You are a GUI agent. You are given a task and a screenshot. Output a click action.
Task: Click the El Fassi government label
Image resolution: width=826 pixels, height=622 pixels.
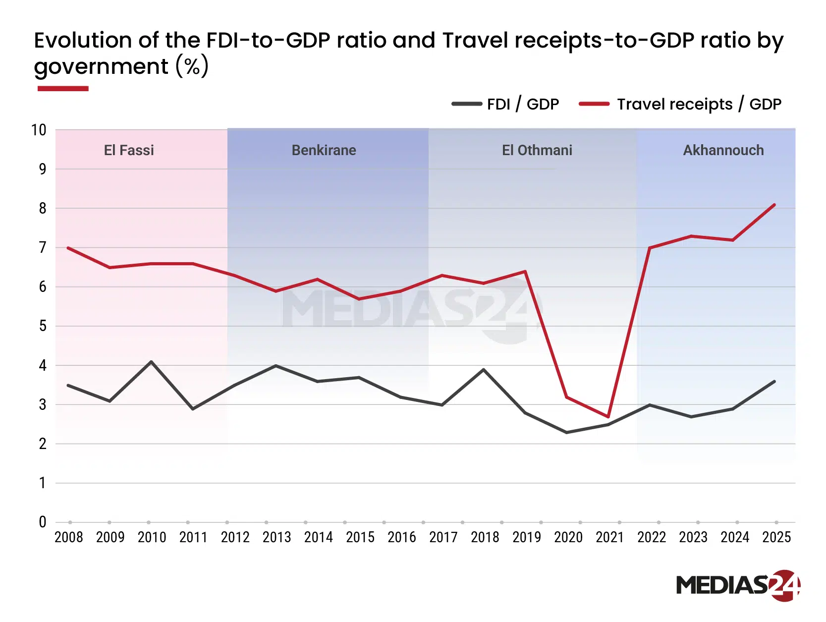[x=129, y=150]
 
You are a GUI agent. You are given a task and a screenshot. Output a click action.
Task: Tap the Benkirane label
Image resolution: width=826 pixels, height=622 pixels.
[x=324, y=150]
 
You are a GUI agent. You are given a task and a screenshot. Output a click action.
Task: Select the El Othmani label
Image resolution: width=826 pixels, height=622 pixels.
[x=537, y=150]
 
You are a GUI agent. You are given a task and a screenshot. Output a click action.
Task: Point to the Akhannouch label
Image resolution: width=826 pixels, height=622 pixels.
[x=723, y=150]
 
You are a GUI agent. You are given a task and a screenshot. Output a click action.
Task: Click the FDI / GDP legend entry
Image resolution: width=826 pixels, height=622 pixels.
[x=505, y=104]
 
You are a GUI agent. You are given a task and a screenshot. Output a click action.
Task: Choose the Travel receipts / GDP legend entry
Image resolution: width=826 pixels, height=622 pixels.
[x=680, y=104]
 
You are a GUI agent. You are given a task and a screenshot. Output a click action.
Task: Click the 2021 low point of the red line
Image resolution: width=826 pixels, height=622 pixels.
[x=608, y=416]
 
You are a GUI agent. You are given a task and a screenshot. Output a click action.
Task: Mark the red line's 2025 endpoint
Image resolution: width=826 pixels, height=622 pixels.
[x=774, y=205]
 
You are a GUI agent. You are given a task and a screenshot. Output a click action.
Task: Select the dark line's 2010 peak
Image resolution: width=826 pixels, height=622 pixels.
[x=151, y=362]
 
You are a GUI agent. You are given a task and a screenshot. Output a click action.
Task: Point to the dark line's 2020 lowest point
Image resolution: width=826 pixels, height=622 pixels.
[x=566, y=432]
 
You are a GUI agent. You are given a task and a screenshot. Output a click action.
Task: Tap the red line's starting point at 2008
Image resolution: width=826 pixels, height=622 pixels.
[x=68, y=248]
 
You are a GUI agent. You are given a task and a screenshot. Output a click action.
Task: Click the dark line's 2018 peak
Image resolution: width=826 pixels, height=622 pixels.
[x=484, y=370]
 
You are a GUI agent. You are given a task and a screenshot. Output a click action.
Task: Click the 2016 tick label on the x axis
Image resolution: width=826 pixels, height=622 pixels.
[x=401, y=537]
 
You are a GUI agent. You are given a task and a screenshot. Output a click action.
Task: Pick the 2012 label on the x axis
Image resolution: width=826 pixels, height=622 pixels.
[x=235, y=537]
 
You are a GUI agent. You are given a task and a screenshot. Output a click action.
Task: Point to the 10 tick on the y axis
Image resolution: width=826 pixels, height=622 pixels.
[x=39, y=130]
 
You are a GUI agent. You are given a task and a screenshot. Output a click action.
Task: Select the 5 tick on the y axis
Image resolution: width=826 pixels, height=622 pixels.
[x=43, y=326]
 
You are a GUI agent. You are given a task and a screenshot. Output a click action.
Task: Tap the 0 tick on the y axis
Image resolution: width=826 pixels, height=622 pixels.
[x=43, y=522]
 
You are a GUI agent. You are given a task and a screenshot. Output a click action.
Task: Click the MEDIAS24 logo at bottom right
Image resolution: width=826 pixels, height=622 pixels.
[x=738, y=585]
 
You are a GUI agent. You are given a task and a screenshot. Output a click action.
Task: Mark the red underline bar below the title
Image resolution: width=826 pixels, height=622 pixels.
[x=63, y=89]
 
